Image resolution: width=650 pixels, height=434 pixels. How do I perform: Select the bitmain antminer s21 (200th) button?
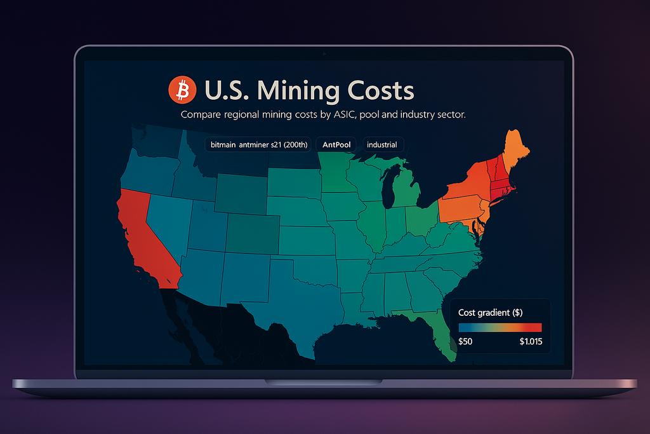point(259,145)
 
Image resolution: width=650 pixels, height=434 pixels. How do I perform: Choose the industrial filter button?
point(382,145)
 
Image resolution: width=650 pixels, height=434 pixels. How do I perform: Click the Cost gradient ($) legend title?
point(491,313)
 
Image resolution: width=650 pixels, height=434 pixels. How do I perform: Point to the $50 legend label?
point(465,341)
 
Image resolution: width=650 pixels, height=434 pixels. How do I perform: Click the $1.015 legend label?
point(530,341)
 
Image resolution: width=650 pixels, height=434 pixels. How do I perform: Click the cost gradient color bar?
point(500,327)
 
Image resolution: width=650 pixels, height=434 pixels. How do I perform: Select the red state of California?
point(143,235)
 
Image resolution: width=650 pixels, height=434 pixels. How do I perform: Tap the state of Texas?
point(298,299)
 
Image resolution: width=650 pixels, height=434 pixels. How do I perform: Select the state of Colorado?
point(252,233)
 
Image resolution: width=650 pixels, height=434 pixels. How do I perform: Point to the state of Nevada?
point(167,219)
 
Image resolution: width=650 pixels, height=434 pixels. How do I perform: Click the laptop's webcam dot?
point(324,53)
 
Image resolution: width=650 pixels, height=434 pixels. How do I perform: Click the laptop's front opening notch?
point(324,382)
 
